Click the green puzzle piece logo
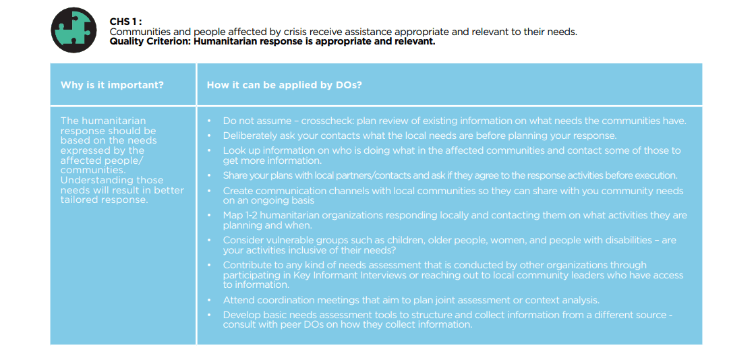point(74,30)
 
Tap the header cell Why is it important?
point(112,85)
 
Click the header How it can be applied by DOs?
point(285,85)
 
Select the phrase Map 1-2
point(240,215)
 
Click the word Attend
point(237,300)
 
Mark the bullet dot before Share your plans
point(209,175)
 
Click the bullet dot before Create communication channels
point(209,191)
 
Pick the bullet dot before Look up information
point(209,151)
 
